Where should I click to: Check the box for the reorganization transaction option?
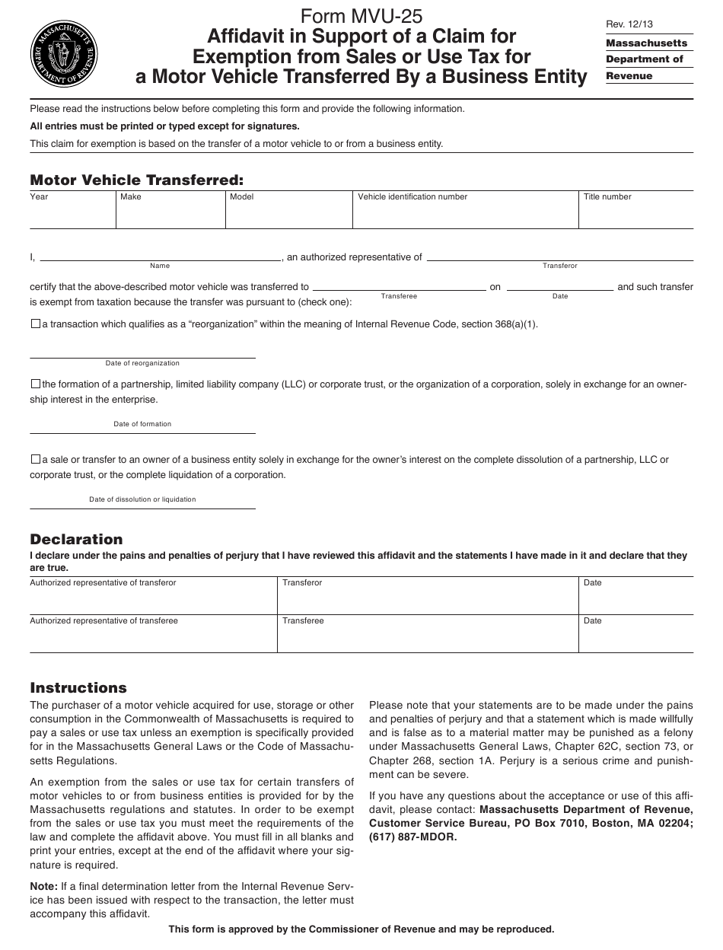[x=35, y=324]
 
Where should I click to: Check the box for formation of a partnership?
[x=35, y=384]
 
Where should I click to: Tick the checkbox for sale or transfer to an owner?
[x=35, y=460]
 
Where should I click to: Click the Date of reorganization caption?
[x=142, y=364]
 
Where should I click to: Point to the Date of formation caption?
[x=142, y=424]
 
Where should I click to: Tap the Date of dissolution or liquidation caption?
[x=142, y=499]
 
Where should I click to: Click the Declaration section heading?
[x=76, y=539]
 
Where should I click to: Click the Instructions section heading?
[x=78, y=687]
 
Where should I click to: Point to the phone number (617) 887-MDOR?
[x=413, y=837]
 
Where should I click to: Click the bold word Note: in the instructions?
[x=43, y=886]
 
